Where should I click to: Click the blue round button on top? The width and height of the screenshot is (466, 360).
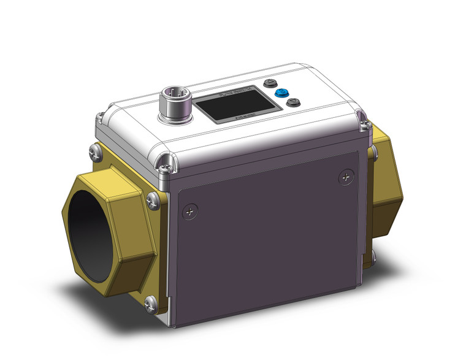point(282,93)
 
